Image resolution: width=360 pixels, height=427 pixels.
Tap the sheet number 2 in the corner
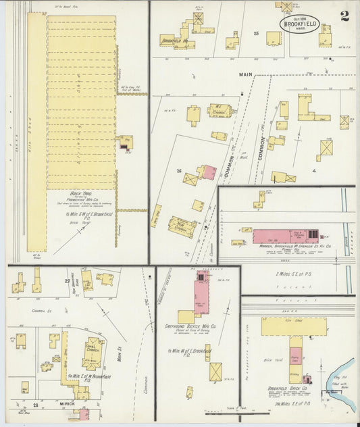click(x=345, y=16)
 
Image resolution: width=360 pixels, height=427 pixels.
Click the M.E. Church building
click(x=220, y=111)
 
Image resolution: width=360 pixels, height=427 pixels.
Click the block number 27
click(x=67, y=280)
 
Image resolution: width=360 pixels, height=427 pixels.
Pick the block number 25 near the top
click(x=256, y=32)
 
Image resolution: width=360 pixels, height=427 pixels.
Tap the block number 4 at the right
click(x=315, y=171)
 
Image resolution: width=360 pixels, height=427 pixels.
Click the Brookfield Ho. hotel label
click(x=173, y=40)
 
